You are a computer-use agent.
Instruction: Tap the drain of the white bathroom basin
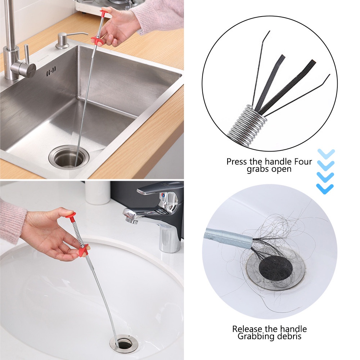coord(124,344)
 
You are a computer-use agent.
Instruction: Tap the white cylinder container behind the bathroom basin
coord(98,192)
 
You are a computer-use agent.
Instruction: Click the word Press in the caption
coord(237,162)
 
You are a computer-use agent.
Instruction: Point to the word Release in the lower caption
coord(250,329)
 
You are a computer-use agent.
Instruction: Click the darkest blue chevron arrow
coord(325,188)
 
